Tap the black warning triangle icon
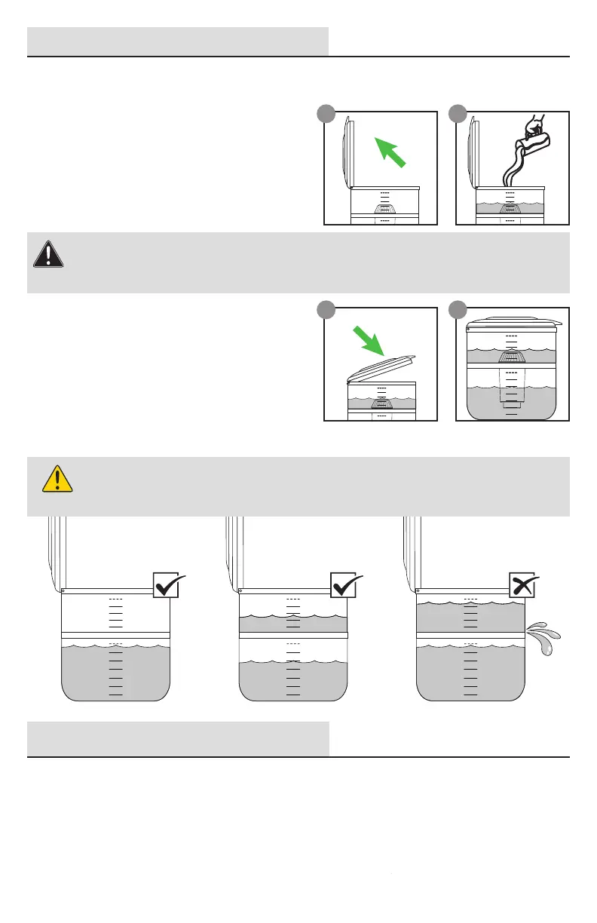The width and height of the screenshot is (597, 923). (48, 254)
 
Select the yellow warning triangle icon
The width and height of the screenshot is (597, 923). (57, 478)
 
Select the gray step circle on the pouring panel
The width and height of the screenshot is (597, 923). (457, 112)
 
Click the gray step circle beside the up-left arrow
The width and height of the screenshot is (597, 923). (325, 112)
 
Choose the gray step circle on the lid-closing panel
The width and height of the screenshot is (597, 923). (325, 308)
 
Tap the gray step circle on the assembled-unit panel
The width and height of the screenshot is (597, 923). (457, 308)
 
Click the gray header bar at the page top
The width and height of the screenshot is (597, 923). (178, 41)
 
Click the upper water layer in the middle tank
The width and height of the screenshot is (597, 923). (292, 622)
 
